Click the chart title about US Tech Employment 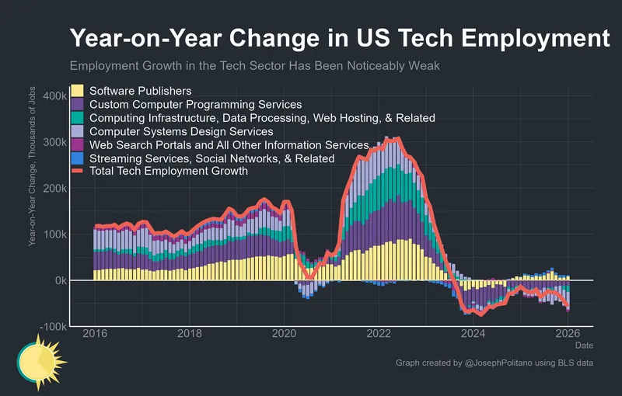(x=339, y=39)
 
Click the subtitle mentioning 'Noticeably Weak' (x=255, y=66)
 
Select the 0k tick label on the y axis (x=58, y=280)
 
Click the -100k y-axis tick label (x=51, y=327)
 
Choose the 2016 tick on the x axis (x=94, y=334)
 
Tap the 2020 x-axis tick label (x=283, y=334)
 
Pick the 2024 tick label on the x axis (x=473, y=334)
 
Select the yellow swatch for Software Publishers (x=77, y=91)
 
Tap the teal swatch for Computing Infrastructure (x=77, y=118)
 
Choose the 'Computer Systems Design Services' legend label (x=181, y=132)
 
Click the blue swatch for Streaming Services (x=77, y=158)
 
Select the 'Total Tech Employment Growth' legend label (x=169, y=172)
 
